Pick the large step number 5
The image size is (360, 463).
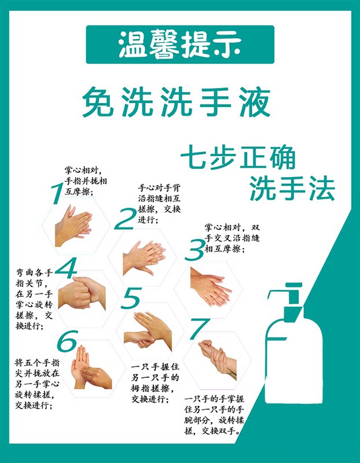131,299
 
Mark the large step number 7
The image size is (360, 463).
198,329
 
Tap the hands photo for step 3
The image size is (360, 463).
211,286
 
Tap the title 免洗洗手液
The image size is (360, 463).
176,103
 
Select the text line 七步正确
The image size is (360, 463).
237,157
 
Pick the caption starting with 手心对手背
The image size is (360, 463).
159,204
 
